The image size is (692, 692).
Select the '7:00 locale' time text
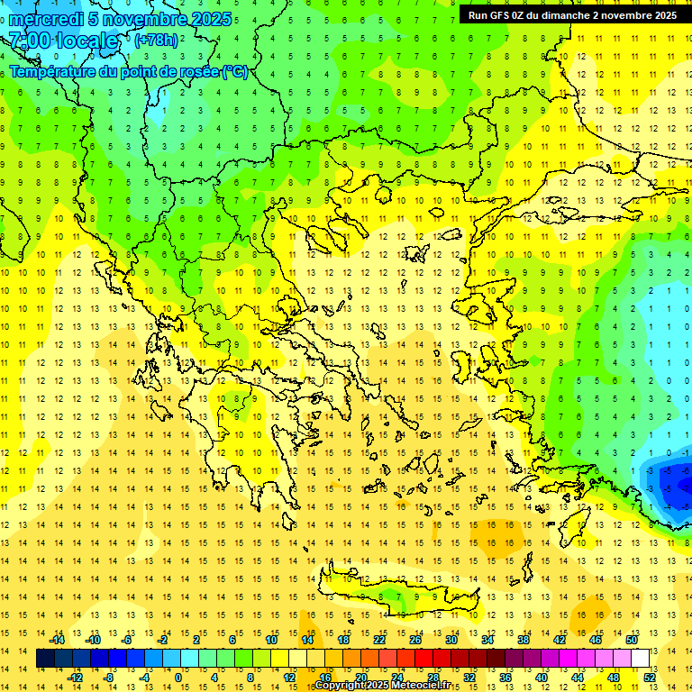[64, 41]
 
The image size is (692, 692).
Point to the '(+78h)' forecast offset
[156, 41]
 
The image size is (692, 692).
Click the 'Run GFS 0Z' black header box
[572, 14]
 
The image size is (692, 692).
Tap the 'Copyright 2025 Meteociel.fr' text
[382, 686]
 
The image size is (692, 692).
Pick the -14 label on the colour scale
[57, 640]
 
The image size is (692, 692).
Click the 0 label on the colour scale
[178, 677]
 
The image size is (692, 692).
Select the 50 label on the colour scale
[632, 640]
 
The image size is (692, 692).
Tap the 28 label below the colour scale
[433, 677]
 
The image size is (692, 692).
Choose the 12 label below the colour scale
[290, 677]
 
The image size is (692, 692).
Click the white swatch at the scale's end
[640, 658]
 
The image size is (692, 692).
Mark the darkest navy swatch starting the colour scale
[45, 658]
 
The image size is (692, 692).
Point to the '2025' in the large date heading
[211, 19]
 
